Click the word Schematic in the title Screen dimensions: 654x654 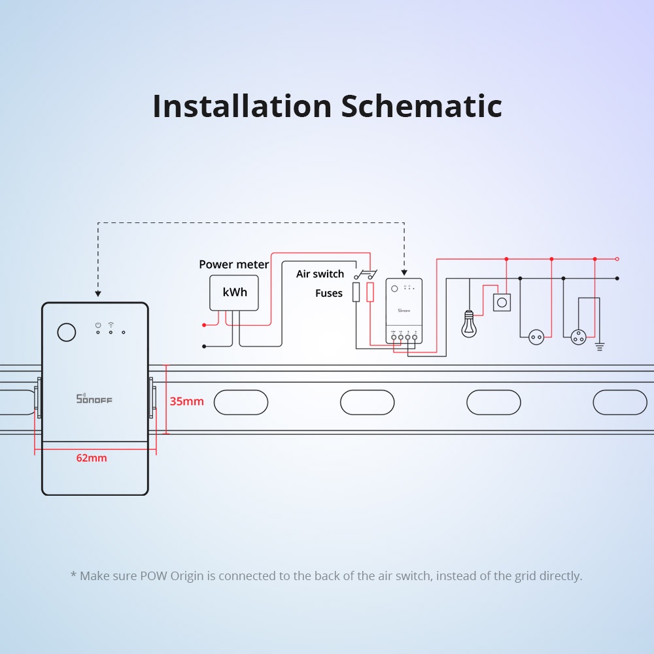(x=422, y=106)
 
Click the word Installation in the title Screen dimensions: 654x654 (x=242, y=106)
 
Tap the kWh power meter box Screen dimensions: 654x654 (x=235, y=292)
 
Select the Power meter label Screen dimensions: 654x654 (x=233, y=264)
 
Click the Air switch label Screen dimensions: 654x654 (x=320, y=273)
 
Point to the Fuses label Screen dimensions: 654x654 (x=329, y=293)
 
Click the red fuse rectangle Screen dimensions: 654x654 (x=370, y=292)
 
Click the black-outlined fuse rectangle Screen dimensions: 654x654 (x=356, y=292)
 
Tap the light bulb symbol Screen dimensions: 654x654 (x=469, y=324)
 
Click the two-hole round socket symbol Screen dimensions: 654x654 (x=536, y=337)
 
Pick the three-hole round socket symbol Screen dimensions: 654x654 (x=578, y=337)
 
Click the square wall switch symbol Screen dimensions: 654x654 (x=502, y=301)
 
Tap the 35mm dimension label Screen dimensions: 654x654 (x=187, y=401)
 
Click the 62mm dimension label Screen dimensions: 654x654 (x=92, y=458)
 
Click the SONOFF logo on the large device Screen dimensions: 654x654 (x=94, y=398)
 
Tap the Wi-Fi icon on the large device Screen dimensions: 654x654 (x=111, y=324)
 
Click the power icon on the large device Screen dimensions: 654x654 (x=97, y=324)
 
